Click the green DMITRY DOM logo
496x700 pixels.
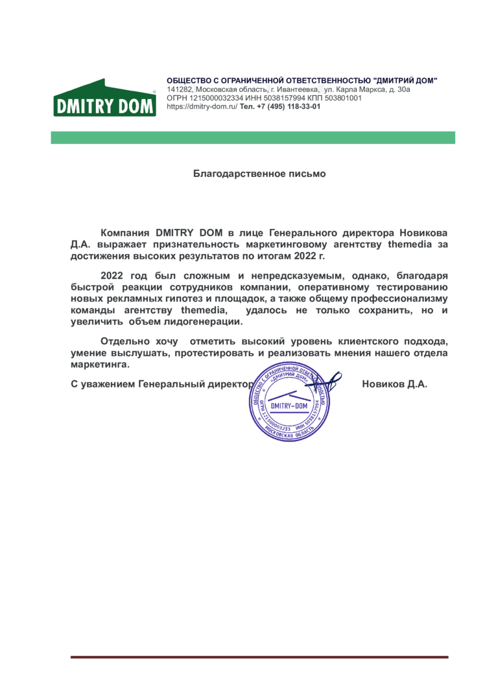tap(104, 99)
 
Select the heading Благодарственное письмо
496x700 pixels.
tap(259, 174)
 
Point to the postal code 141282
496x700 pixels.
tap(180, 89)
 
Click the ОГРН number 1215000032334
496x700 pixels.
tap(206, 98)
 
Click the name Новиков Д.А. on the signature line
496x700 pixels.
tap(395, 384)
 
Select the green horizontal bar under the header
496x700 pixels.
tap(253, 137)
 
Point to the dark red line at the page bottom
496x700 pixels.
tap(259, 657)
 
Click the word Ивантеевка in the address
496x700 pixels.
tap(297, 89)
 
